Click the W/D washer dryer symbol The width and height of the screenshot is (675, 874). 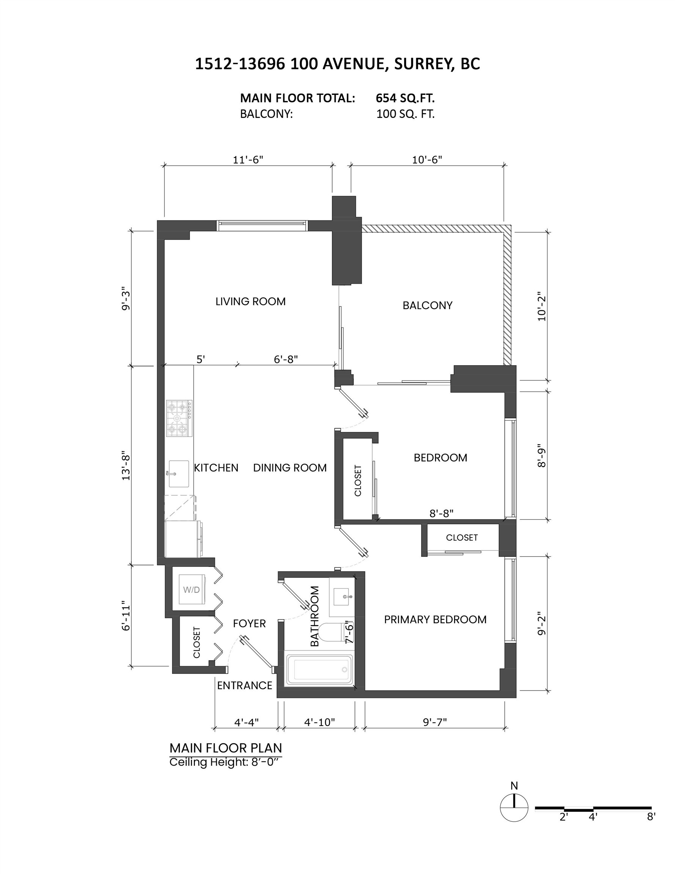(192, 589)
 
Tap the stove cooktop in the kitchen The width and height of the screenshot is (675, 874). (179, 418)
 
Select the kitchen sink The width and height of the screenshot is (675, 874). (179, 473)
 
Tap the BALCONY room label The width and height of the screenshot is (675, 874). (427, 305)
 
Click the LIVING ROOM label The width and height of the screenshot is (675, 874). (251, 301)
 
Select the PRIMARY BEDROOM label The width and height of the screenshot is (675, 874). (435, 619)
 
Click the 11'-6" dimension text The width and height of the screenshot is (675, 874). (248, 160)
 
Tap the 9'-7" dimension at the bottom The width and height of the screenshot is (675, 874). (435, 722)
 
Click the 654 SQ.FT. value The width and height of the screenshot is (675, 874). (405, 98)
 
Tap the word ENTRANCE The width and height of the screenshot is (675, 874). (245, 685)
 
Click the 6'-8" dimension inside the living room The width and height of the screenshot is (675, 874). (286, 359)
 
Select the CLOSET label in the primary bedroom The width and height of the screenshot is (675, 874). (462, 538)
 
